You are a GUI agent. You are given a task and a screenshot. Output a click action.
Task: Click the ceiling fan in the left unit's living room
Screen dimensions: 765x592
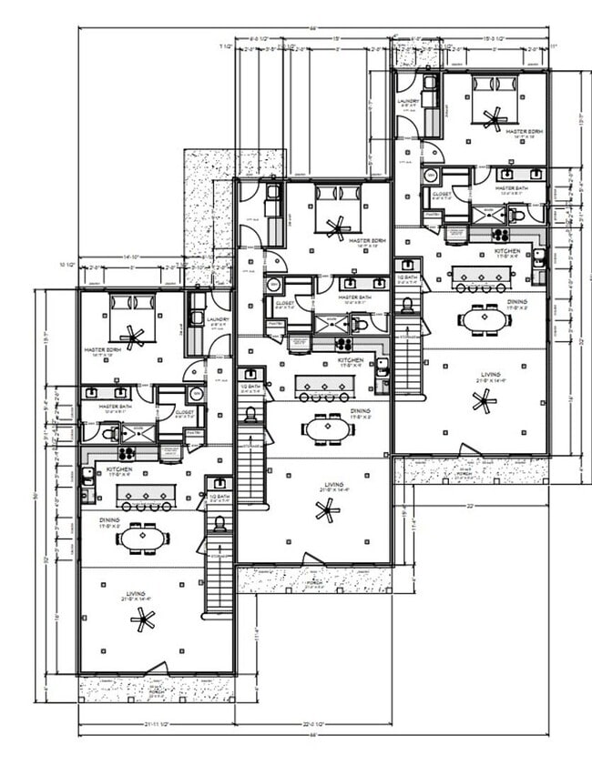click(142, 620)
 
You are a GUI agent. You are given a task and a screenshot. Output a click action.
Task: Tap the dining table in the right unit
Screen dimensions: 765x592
click(484, 318)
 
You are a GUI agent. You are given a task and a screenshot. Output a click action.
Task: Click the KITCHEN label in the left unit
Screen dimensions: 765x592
click(118, 470)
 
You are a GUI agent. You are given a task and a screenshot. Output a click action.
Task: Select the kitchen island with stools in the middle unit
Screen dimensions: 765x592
click(324, 388)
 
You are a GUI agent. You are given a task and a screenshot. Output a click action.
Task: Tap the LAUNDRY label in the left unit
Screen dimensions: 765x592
click(217, 319)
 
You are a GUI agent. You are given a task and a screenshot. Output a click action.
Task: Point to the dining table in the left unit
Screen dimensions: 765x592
click(143, 539)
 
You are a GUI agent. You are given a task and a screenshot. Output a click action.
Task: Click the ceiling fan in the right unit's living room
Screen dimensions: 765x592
click(484, 399)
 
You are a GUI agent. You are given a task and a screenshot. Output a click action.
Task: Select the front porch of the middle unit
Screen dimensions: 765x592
click(313, 580)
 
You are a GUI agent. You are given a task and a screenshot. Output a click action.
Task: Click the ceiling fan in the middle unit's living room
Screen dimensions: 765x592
click(327, 510)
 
